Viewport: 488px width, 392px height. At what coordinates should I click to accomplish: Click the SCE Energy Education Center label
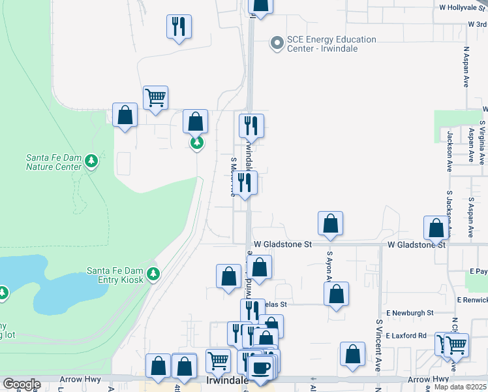pos(332,44)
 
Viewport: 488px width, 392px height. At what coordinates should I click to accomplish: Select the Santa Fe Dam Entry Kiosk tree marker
pos(153,274)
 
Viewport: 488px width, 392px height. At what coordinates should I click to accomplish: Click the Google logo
pos(22,384)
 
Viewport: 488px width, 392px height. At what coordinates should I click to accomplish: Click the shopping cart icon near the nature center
pos(155,98)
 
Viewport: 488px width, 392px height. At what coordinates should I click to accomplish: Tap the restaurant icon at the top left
pos(179,27)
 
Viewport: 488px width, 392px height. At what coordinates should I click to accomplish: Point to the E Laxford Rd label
pos(405,336)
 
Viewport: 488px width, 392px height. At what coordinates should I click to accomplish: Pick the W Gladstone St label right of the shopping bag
pos(416,245)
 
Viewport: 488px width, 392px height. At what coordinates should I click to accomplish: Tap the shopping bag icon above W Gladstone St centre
pos(331,223)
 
